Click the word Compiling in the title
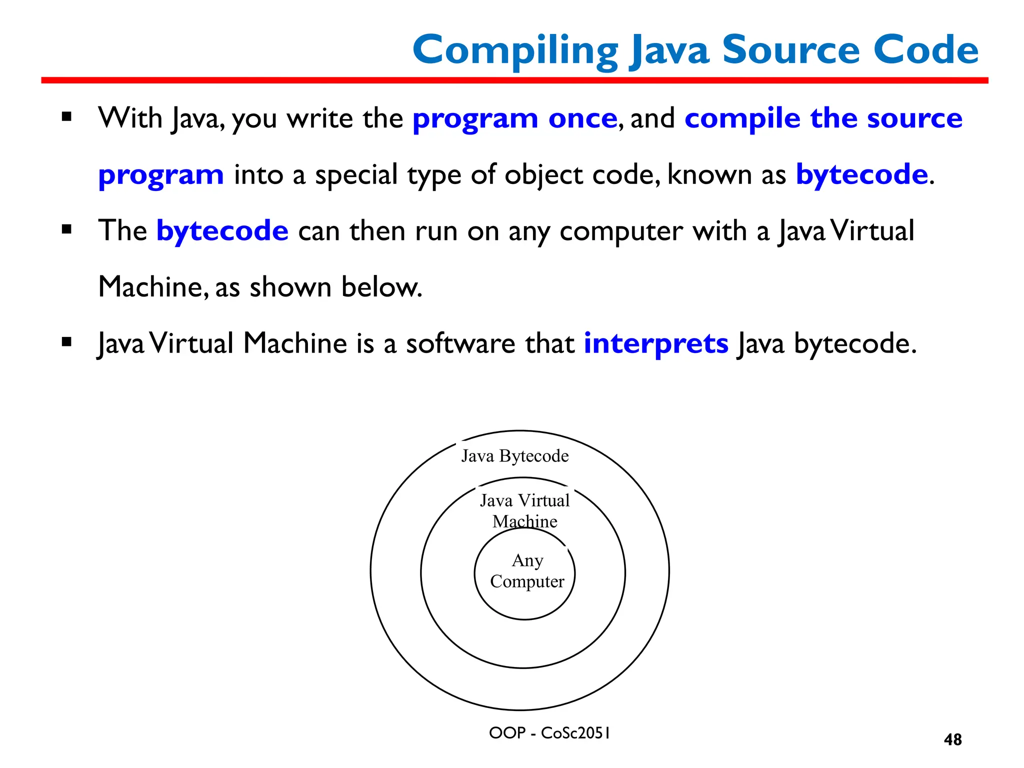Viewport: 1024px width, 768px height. (x=515, y=50)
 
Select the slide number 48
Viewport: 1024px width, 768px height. (x=952, y=739)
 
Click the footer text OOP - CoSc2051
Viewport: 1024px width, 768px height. (x=549, y=733)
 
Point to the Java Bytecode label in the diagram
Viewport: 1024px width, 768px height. (x=514, y=456)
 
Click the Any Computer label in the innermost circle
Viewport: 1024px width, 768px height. (x=527, y=571)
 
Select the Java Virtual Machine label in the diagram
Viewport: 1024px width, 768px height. (x=524, y=510)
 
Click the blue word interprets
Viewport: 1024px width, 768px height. (x=656, y=343)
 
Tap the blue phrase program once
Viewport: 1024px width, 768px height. (x=515, y=118)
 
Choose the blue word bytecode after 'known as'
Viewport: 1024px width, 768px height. (x=861, y=174)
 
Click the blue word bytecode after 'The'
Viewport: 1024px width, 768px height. (x=222, y=230)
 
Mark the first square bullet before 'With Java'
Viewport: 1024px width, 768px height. (x=66, y=117)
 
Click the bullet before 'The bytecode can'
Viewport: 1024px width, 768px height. (x=66, y=230)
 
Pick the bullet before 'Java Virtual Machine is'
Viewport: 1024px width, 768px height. (x=66, y=342)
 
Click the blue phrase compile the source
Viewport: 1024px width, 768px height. (x=823, y=118)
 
